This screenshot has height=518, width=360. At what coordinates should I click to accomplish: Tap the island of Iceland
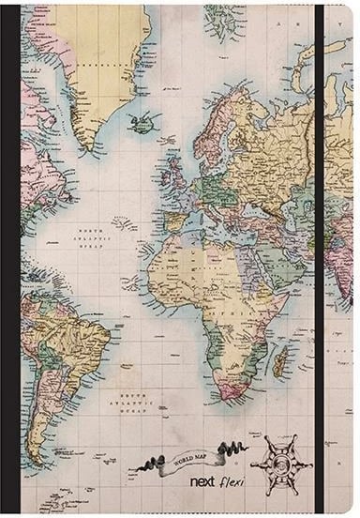tap(145, 122)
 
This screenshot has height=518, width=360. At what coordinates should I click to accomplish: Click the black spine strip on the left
tap(10, 259)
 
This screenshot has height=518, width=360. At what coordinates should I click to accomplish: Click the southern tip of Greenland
tap(87, 148)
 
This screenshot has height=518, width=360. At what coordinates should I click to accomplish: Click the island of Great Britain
tap(174, 172)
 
